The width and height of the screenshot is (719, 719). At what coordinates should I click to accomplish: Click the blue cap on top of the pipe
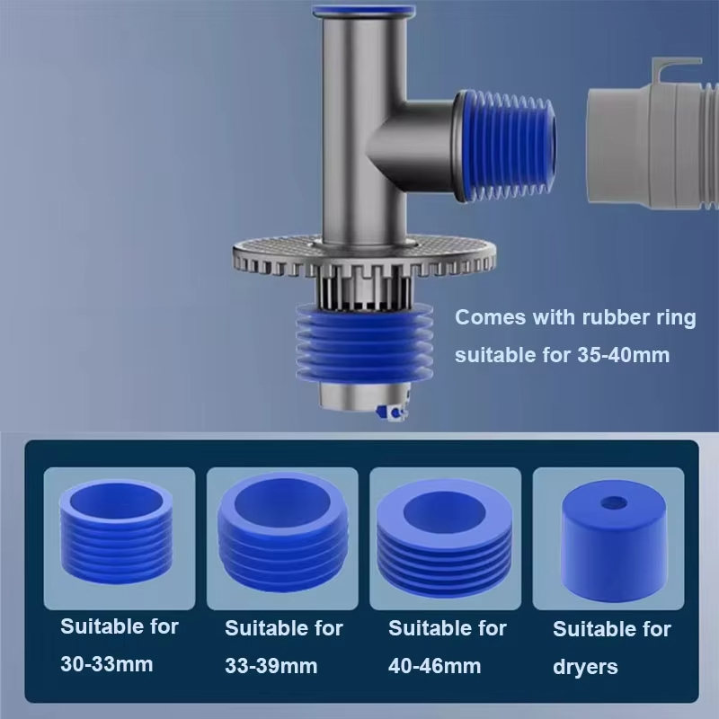364,10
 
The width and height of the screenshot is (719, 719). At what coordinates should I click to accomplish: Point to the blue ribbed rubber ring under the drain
365,342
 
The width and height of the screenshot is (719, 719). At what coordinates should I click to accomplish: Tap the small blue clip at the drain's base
391,413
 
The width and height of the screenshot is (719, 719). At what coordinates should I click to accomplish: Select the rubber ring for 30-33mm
117,531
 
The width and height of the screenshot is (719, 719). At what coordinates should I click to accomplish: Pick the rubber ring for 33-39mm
282,532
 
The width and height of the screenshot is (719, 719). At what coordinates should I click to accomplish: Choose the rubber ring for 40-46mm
444,537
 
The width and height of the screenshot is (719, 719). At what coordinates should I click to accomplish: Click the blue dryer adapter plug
614,541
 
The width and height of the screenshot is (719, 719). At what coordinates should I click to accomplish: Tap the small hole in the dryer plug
614,502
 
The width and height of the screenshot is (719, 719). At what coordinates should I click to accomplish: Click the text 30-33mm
107,664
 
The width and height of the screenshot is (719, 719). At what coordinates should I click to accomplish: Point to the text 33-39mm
271,666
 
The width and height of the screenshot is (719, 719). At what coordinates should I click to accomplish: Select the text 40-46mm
435,666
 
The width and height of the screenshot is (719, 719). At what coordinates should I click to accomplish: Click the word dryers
586,668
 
